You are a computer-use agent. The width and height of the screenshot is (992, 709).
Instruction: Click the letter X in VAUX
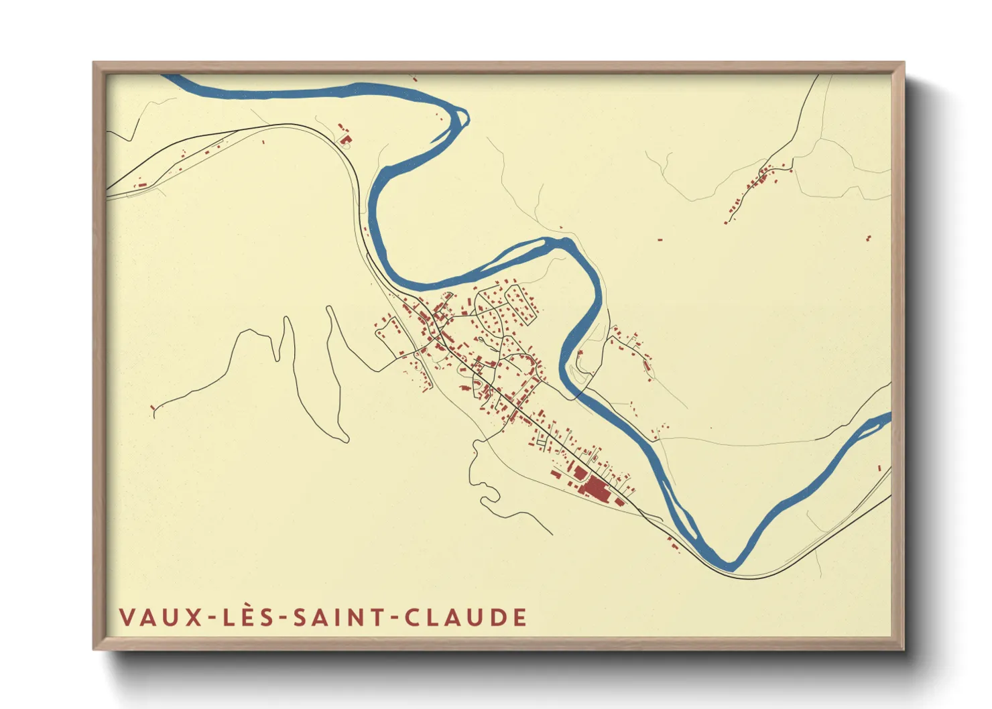[x=194, y=617]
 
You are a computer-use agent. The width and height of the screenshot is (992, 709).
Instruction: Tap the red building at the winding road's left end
[x=153, y=407]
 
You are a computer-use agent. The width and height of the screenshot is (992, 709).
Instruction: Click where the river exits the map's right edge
[x=887, y=420]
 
